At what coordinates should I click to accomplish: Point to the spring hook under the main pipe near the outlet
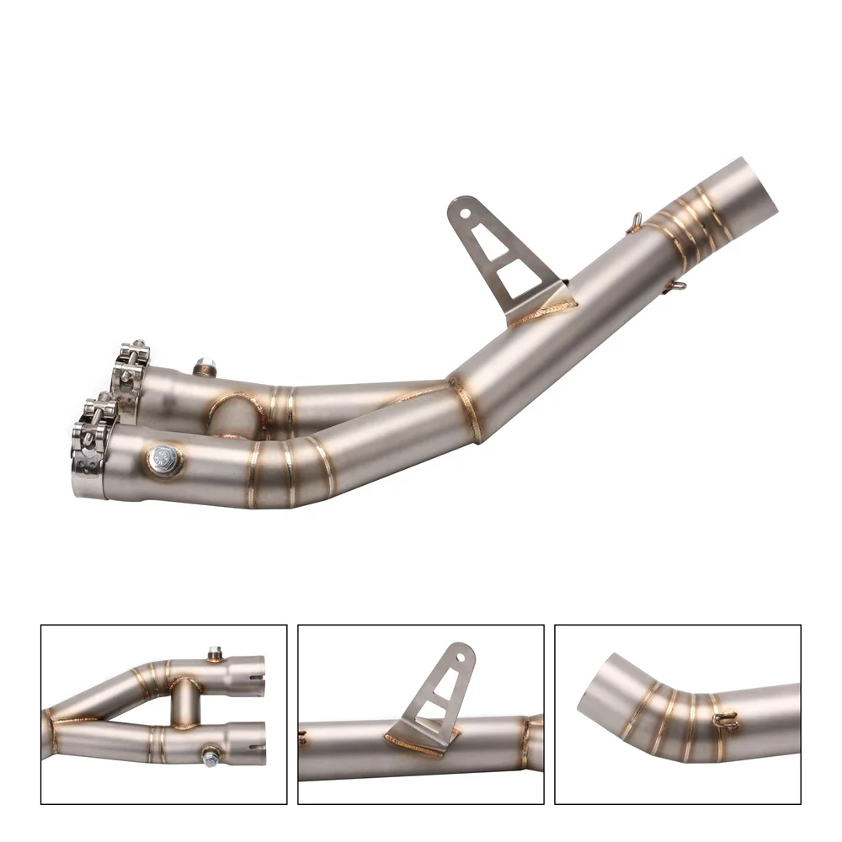point(674,288)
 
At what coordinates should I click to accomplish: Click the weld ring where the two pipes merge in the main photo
point(465,408)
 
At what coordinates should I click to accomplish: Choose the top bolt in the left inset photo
point(215,653)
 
